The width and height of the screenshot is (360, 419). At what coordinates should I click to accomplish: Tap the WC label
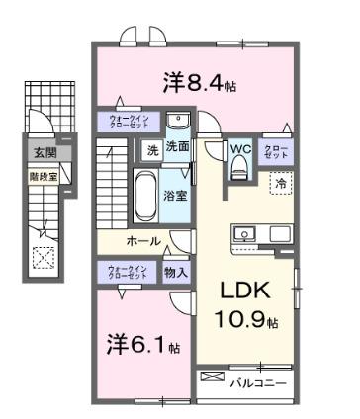[x=241, y=150]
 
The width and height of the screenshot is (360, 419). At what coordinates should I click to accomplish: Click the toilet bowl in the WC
[x=237, y=169]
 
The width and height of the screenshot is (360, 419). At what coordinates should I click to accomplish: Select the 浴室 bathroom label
[x=176, y=196]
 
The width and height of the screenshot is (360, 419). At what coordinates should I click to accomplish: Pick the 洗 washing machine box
[x=152, y=151]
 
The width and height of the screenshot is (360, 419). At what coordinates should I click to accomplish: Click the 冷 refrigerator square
[x=280, y=184]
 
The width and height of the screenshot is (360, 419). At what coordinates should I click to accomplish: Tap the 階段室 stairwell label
[x=42, y=178]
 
